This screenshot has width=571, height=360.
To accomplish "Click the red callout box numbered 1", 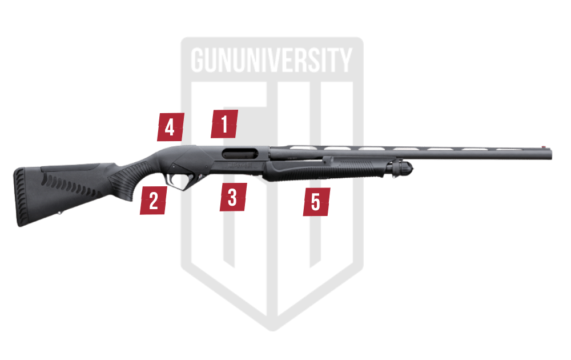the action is click(224, 124).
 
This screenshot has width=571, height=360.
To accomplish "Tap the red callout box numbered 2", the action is click(154, 200).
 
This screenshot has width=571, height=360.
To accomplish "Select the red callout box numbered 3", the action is click(233, 197).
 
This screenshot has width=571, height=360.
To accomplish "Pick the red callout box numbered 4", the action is click(170, 127).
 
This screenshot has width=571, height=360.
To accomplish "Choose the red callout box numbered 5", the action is click(316, 202).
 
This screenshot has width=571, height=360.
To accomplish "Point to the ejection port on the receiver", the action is click(240, 153).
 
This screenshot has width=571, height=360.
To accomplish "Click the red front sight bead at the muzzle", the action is click(544, 147).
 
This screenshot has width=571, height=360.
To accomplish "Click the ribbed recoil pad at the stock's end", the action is click(20, 197).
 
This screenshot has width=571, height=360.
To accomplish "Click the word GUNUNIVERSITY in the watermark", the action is click(272, 60).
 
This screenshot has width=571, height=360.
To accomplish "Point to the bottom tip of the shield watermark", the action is click(272, 330).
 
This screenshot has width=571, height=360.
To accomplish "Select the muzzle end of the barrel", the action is click(550, 153).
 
